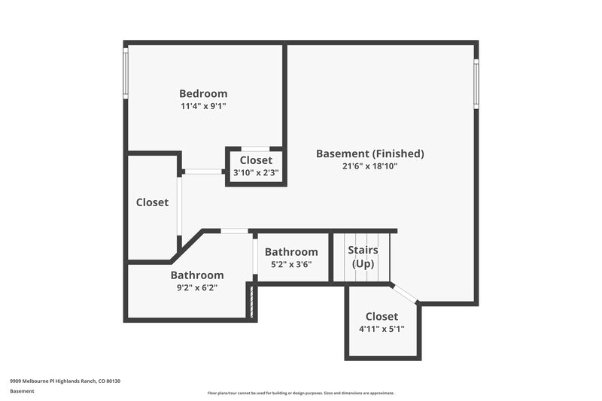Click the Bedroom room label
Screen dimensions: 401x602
pyautogui.click(x=203, y=93)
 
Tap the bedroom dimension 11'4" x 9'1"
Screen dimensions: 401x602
pyautogui.click(x=203, y=106)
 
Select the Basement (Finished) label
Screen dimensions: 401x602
pyautogui.click(x=369, y=153)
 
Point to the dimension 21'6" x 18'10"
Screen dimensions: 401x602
pyautogui.click(x=369, y=166)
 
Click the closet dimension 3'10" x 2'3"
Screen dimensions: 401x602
pyautogui.click(x=256, y=172)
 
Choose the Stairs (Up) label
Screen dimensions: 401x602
pyautogui.click(x=363, y=257)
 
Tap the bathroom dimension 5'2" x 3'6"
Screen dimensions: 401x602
pyautogui.click(x=290, y=264)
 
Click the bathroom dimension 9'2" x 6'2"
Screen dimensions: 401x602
pyautogui.click(x=196, y=287)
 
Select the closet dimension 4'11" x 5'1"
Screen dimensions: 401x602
pyautogui.click(x=382, y=329)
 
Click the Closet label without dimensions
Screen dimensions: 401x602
pyautogui.click(x=152, y=202)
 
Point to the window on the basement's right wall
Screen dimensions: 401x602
pyautogui.click(x=476, y=83)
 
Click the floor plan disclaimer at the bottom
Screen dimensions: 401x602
pyautogui.click(x=300, y=393)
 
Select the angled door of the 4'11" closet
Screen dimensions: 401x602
pyautogui.click(x=406, y=294)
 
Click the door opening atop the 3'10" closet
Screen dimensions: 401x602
pyautogui.click(x=256, y=148)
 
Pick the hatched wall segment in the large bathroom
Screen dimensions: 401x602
pyautogui.click(x=251, y=303)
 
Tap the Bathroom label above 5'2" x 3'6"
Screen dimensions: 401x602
pyautogui.click(x=290, y=252)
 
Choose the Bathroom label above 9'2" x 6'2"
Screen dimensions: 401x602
pyautogui.click(x=196, y=275)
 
